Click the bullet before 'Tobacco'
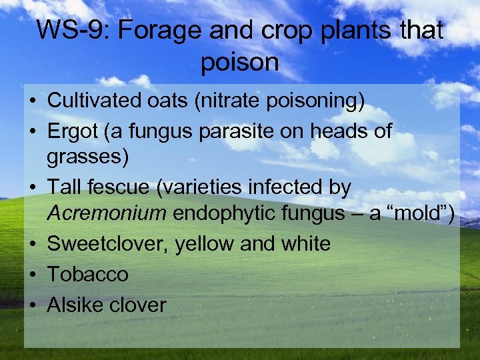click(x=32, y=275)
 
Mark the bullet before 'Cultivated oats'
click(x=32, y=101)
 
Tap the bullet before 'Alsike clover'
click(x=32, y=305)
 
